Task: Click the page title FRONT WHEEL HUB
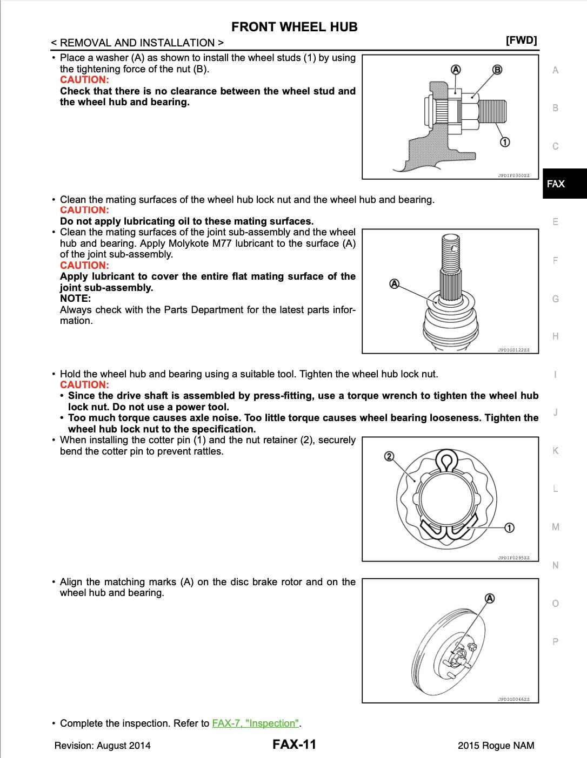pyautogui.click(x=294, y=27)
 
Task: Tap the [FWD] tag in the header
pyautogui.click(x=521, y=40)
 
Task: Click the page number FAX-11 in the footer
pyautogui.click(x=294, y=745)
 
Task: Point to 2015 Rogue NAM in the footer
pyautogui.click(x=496, y=746)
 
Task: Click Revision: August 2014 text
pyautogui.click(x=103, y=746)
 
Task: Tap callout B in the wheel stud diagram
pyautogui.click(x=497, y=70)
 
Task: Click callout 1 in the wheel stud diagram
pyautogui.click(x=504, y=142)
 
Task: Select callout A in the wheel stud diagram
pyautogui.click(x=455, y=70)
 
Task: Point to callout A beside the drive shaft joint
pyautogui.click(x=395, y=284)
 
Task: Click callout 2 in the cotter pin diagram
pyautogui.click(x=389, y=457)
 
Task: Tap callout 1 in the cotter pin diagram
pyautogui.click(x=509, y=527)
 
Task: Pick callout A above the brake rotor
pyautogui.click(x=490, y=598)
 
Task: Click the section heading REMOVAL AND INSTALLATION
pyautogui.click(x=137, y=43)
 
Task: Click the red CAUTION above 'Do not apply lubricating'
pyautogui.click(x=84, y=210)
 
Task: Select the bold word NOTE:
pyautogui.click(x=75, y=298)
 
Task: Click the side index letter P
pyautogui.click(x=555, y=642)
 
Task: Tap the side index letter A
pyautogui.click(x=555, y=70)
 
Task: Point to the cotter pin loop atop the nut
pyautogui.click(x=447, y=463)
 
